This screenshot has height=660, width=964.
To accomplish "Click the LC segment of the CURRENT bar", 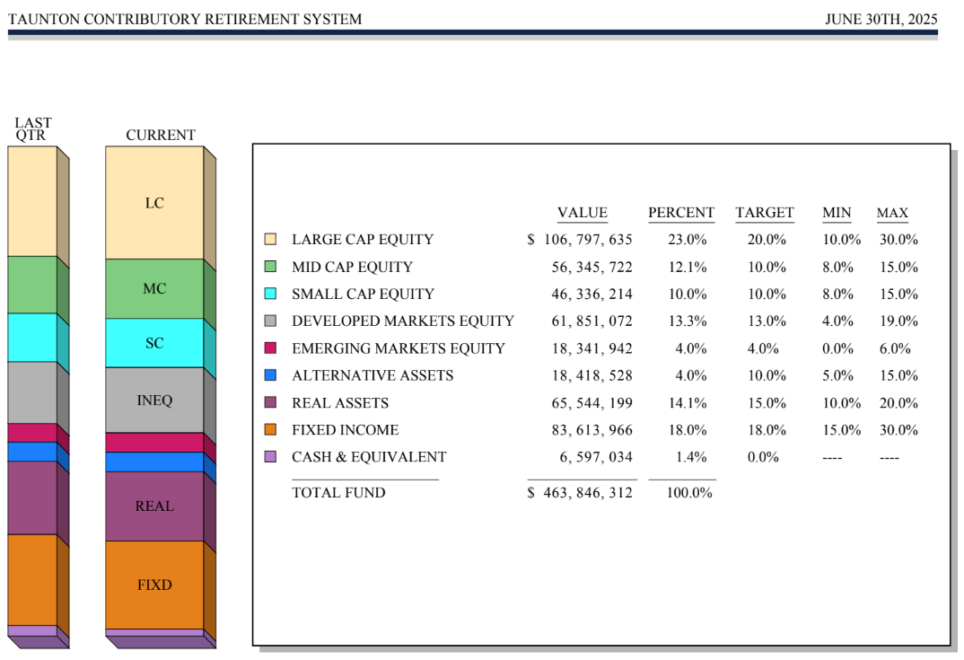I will (x=154, y=203).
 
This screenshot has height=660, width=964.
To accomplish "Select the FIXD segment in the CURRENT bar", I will (x=154, y=585).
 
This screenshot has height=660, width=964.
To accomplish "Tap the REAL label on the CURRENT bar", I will (x=154, y=506).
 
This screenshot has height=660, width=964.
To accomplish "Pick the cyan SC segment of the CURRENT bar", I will (x=154, y=343).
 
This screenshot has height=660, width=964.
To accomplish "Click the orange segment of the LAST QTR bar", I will (x=32, y=579).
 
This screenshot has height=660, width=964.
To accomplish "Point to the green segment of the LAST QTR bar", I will (x=32, y=285).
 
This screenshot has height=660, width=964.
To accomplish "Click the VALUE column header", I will (x=583, y=213).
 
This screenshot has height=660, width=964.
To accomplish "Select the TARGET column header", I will (x=765, y=213).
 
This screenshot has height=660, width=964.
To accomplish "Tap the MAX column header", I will (x=892, y=213).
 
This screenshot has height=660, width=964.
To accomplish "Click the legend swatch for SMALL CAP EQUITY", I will (x=270, y=294).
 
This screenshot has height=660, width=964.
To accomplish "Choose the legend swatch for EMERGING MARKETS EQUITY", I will (x=270, y=348).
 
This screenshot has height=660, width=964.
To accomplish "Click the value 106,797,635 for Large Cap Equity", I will (x=588, y=240).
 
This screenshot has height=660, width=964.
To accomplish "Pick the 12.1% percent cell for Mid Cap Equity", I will (x=688, y=267).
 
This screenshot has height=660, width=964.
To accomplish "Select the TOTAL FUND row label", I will (x=338, y=493).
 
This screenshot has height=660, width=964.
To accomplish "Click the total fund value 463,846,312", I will (x=588, y=493).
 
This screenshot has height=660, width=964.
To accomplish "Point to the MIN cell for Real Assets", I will (x=841, y=403).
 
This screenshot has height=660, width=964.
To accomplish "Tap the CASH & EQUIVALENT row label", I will (x=369, y=457).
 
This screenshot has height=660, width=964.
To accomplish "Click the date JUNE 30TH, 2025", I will (x=881, y=19).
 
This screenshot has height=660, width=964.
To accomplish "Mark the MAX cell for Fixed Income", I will (x=898, y=430).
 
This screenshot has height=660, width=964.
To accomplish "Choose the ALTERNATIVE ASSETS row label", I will (x=372, y=375).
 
